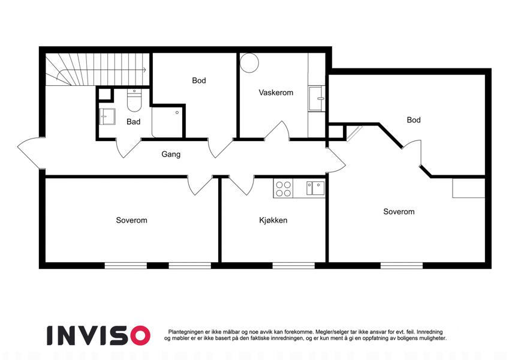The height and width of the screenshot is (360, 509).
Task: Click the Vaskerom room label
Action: click(276, 92)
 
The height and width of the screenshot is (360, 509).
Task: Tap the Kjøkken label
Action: click(273, 220)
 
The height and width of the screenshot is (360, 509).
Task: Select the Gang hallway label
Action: click(171, 154)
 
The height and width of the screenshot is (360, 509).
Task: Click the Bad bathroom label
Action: click(134, 122)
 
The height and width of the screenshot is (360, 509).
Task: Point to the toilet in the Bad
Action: click(134, 100)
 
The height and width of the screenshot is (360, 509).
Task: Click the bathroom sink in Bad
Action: click(107, 116)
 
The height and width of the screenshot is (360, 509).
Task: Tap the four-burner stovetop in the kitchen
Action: click(283, 189)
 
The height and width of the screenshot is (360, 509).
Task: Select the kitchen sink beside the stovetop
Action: click(315, 188)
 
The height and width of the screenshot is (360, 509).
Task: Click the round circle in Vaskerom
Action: click(249, 63)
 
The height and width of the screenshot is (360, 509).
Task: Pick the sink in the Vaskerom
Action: click(317, 98)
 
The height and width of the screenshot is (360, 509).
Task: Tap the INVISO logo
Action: click(99, 335)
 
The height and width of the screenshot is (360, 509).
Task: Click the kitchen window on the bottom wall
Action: click(293, 266)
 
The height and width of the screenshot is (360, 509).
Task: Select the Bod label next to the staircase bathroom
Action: click(199, 80)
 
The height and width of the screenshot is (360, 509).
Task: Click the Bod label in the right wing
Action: click(414, 120)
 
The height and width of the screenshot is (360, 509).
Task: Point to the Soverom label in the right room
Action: click(399, 212)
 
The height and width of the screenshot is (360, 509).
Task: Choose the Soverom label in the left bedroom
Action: click(131, 220)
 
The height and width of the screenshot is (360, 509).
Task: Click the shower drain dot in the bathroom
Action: click(177, 112)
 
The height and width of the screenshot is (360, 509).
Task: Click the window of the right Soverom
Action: click(402, 266)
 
